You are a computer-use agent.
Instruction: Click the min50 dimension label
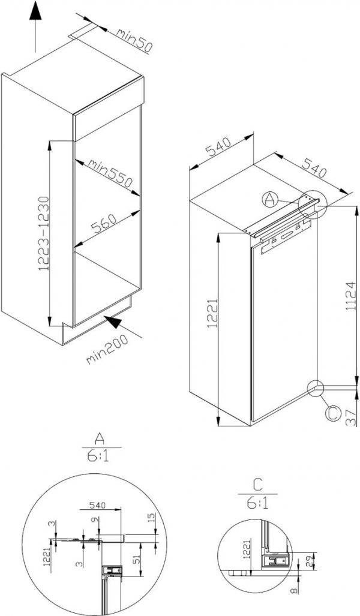[134, 40]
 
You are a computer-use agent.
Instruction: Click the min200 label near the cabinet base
[107, 349]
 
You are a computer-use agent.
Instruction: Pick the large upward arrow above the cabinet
[35, 27]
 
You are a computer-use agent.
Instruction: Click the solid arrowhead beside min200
[113, 322]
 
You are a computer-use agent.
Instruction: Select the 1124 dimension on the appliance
[350, 296]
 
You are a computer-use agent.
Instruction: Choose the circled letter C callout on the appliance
[334, 414]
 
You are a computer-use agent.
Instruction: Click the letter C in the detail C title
[257, 486]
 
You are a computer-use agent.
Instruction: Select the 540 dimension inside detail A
[97, 505]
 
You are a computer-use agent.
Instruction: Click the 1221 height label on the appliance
[212, 314]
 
